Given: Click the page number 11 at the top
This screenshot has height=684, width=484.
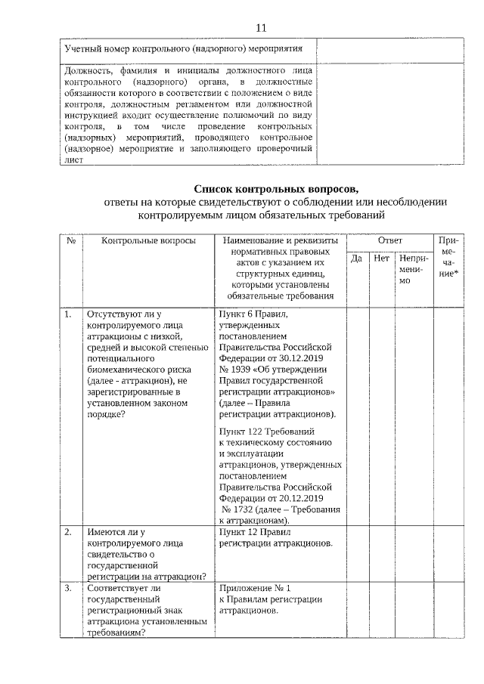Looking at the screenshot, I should pos(261,28).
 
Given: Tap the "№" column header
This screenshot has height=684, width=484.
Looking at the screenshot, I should pos(71,240).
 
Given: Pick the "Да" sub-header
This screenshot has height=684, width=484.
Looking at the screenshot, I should pos(358,258).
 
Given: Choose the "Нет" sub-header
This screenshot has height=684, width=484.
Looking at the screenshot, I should pos(381,258).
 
